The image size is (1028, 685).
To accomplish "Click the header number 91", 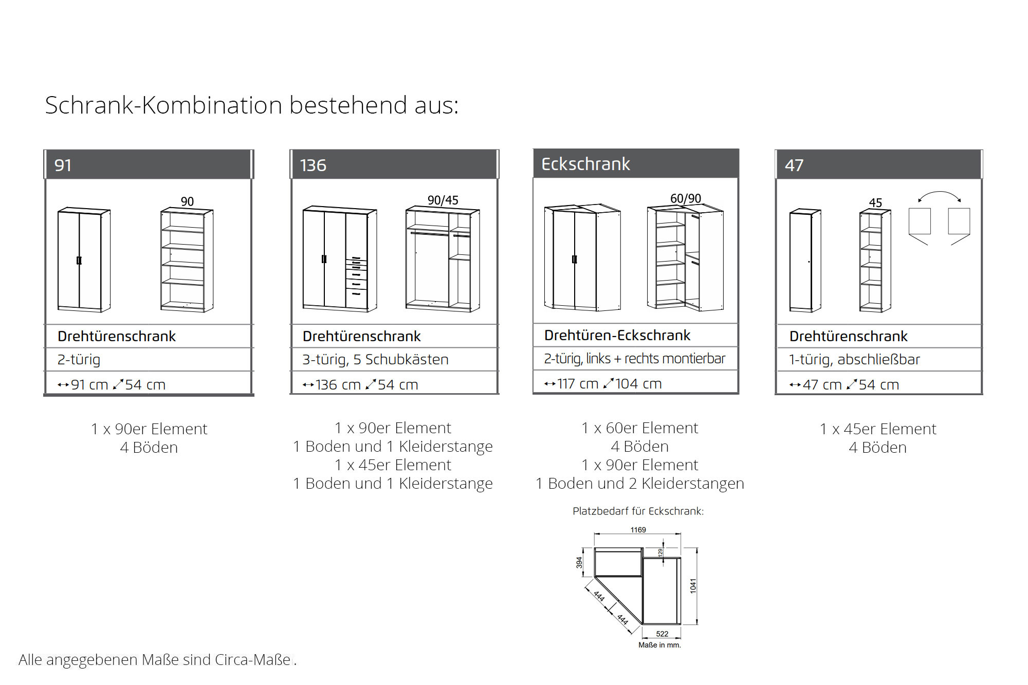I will click(63, 165).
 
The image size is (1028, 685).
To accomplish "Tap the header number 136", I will click(313, 165).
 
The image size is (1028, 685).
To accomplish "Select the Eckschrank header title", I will click(585, 164).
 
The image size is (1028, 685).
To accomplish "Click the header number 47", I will click(794, 165).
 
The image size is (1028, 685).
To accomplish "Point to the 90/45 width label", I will click(443, 200).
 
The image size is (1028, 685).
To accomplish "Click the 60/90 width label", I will click(685, 198).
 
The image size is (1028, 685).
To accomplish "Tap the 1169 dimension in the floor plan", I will click(638, 530).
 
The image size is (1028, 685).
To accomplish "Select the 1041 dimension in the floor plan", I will click(693, 586).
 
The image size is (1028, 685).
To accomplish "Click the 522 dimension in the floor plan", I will click(662, 634).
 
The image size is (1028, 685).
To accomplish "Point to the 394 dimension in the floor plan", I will click(579, 562).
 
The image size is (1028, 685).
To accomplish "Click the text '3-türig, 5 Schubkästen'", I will click(375, 360).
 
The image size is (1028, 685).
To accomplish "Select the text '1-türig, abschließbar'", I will click(854, 360).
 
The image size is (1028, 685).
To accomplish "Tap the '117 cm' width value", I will click(578, 384).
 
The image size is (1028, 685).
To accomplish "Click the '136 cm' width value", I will click(338, 385).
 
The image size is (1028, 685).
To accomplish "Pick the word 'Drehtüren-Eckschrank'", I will click(617, 336).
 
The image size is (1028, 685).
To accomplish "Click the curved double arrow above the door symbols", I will click(939, 195).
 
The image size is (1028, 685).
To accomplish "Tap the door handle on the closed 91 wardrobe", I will click(79, 261).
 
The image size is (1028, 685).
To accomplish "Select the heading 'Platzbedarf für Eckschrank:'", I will click(638, 511).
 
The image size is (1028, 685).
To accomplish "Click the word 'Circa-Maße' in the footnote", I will click(253, 660).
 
